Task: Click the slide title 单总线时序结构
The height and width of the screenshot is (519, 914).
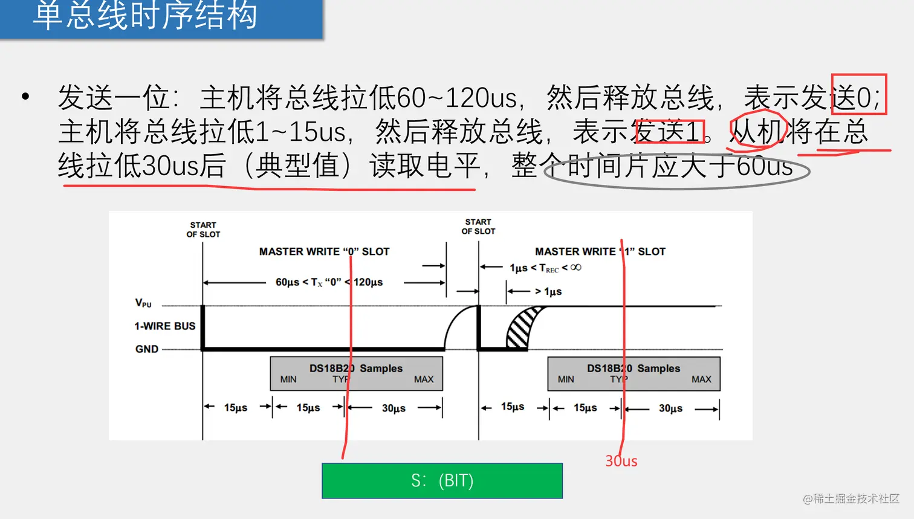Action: click(x=145, y=16)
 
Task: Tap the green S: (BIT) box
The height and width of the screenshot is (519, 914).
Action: click(x=442, y=481)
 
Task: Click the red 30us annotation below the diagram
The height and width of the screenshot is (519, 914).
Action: click(x=621, y=461)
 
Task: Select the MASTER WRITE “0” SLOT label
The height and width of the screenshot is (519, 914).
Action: click(x=324, y=251)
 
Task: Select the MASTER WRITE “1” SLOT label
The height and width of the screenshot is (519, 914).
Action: click(x=600, y=251)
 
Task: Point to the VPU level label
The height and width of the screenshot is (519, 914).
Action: click(x=143, y=303)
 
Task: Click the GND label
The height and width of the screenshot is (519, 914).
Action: click(x=147, y=349)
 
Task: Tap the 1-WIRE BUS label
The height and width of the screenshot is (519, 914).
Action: click(x=165, y=326)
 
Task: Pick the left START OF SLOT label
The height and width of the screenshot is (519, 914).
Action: click(x=203, y=230)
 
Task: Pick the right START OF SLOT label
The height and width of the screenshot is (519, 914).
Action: click(x=478, y=227)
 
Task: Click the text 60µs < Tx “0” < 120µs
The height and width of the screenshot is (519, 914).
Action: click(x=329, y=282)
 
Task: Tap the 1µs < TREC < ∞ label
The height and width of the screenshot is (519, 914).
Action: click(x=545, y=268)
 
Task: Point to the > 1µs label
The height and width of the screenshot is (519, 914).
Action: click(x=548, y=292)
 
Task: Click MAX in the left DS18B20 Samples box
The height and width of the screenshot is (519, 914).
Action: click(x=424, y=379)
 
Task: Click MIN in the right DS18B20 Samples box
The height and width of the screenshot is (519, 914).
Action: click(x=566, y=379)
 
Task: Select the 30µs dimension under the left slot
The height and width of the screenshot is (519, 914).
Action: click(x=394, y=408)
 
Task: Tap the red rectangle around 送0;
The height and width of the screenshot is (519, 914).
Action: click(x=859, y=94)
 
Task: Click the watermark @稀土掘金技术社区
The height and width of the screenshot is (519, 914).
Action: click(x=851, y=498)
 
